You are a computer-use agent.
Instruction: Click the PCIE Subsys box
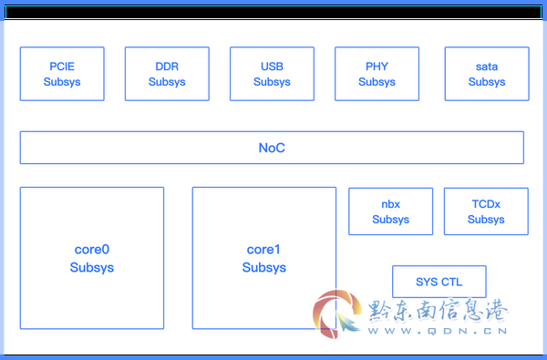coord(62,74)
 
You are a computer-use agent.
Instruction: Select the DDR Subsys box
coord(167,74)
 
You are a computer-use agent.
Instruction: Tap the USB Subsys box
coord(272,74)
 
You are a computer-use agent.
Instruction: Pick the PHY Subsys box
coord(377,74)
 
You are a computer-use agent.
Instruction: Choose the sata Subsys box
coord(487,74)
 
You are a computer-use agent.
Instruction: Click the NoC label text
coord(272,148)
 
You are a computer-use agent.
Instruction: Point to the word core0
coord(92,250)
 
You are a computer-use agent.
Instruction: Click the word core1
coord(263,250)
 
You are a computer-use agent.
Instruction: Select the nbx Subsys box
coord(391,211)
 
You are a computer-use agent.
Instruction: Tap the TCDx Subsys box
coord(486,211)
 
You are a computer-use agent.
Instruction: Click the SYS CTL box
coord(439,282)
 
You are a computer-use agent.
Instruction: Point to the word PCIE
coord(62,67)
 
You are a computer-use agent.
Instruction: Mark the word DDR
coord(167,67)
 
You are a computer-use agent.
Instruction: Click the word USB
coord(272,67)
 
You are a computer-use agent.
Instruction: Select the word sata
coord(487,67)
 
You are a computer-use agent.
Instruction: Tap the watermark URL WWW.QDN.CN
coord(438,331)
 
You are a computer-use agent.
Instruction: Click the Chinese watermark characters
coord(439,310)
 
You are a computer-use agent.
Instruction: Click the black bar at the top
coord(273,12)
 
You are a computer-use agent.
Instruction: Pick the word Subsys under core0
coord(92,268)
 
